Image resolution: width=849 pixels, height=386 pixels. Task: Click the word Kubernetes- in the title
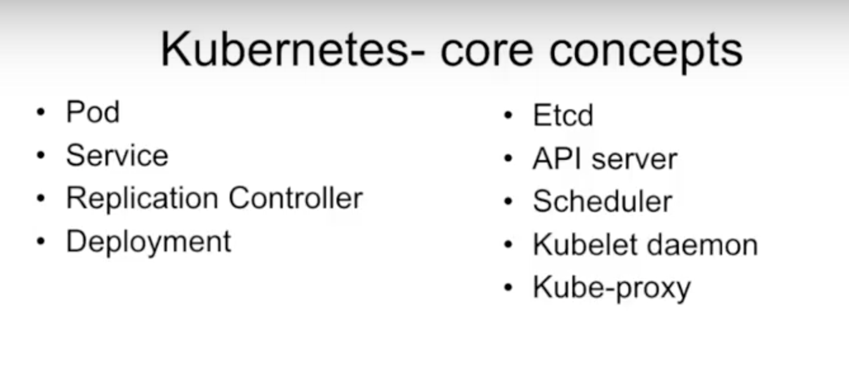point(293,50)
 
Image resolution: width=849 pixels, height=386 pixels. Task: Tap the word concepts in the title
point(646,54)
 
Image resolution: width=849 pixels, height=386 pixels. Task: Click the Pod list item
point(93,112)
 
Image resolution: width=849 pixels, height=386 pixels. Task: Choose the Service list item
point(117,155)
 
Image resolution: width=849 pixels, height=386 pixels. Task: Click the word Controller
point(296,197)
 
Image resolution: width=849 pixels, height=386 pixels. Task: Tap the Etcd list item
point(563,115)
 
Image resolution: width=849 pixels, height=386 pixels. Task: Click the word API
point(556,159)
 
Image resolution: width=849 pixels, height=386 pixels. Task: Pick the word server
point(635,160)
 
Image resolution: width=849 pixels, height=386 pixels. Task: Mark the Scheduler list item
point(603,201)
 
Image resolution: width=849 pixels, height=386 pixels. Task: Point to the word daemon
point(702,244)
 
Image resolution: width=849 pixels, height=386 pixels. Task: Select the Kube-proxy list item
point(612,288)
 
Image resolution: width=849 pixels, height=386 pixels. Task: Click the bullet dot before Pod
point(41,112)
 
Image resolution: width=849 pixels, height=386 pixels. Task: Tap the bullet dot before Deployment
point(41,241)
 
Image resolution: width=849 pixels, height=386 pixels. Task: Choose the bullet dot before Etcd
point(508,116)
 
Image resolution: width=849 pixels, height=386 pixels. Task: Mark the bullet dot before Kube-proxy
point(508,288)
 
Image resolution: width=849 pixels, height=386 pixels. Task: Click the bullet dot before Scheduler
point(508,201)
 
